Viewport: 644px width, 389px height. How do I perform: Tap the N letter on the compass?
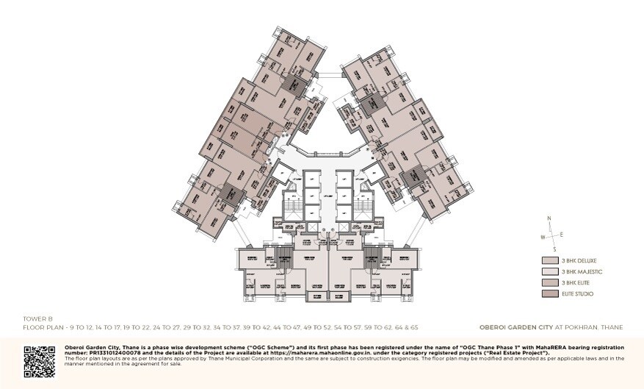point(549,218)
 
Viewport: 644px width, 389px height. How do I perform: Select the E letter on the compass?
point(562,234)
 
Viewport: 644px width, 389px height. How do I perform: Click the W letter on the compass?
point(543,237)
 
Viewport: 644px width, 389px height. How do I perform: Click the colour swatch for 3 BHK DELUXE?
point(550,260)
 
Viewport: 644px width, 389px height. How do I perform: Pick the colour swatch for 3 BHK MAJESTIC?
point(550,271)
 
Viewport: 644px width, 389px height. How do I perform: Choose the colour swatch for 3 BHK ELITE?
point(550,282)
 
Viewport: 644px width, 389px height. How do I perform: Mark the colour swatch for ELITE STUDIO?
point(550,293)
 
